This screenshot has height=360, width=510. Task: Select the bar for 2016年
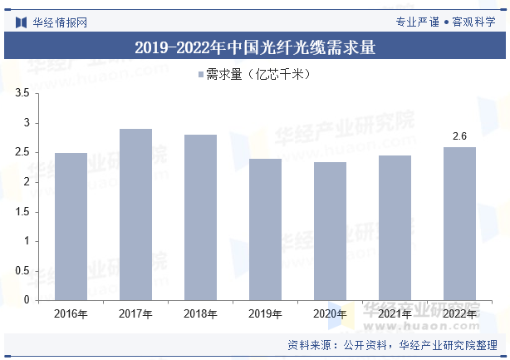[71, 226]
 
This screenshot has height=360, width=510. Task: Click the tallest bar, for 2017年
[135, 215]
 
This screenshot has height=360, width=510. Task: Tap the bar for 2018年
[200, 217]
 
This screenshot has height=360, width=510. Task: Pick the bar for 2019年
[265, 229]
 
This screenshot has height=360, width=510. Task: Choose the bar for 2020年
[330, 231]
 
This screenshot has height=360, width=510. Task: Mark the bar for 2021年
[395, 228]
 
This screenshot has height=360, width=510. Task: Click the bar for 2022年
[459, 224]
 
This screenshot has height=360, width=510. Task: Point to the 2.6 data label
[459, 136]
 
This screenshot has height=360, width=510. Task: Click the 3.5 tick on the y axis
[22, 94]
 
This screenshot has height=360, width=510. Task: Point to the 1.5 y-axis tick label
[22, 212]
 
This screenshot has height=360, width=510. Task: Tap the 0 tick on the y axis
[26, 300]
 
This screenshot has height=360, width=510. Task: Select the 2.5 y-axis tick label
[22, 153]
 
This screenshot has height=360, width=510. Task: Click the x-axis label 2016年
[71, 314]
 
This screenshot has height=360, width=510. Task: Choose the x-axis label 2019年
[265, 314]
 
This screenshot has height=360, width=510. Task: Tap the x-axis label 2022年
[459, 314]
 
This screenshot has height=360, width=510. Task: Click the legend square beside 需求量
[200, 75]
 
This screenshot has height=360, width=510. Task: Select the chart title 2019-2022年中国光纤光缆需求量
[255, 47]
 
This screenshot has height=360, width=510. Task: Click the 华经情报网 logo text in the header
[59, 22]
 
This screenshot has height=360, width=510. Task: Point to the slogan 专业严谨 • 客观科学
[446, 22]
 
